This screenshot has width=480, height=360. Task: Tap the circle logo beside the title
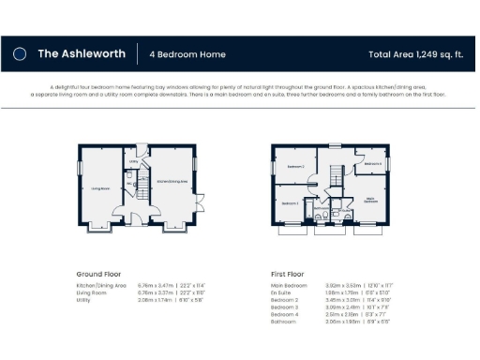pos(20,54)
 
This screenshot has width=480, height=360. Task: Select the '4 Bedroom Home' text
pos(187,54)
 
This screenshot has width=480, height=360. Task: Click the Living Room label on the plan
pos(101,188)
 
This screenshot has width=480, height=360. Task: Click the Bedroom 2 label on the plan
pos(295,167)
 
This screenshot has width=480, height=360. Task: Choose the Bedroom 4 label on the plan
pos(372,163)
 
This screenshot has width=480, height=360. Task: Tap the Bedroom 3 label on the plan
pos(290,202)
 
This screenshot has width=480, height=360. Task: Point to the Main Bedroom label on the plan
pos(371,199)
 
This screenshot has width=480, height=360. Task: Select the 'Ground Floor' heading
pos(101,275)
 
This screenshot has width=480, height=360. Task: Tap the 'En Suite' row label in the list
pos(282,292)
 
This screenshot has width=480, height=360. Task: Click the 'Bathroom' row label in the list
pos(283,321)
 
